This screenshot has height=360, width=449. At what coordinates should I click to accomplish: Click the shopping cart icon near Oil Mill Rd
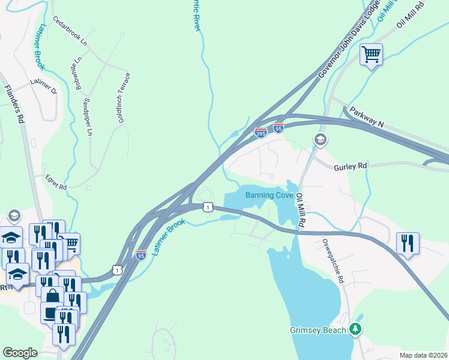point(372,55)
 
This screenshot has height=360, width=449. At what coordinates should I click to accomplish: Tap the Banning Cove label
point(269,195)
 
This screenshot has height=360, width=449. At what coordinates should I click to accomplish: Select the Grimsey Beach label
point(318,330)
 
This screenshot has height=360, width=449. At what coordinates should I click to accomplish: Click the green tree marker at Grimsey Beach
point(356,329)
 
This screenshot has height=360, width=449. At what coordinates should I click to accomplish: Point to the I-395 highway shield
point(261,133)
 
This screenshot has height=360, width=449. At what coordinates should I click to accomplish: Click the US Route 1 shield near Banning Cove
point(207,207)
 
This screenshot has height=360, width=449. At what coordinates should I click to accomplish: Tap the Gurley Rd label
point(350,166)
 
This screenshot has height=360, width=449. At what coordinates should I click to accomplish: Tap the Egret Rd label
point(55,182)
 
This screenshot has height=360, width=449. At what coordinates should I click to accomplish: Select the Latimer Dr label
point(43,86)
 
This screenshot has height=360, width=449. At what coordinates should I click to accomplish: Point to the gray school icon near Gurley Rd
point(320,140)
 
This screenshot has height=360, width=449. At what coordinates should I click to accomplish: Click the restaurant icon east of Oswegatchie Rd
point(408,243)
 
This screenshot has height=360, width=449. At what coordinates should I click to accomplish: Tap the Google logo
point(20,353)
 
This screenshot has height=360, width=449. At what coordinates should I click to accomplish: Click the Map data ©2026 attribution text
point(423,355)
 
